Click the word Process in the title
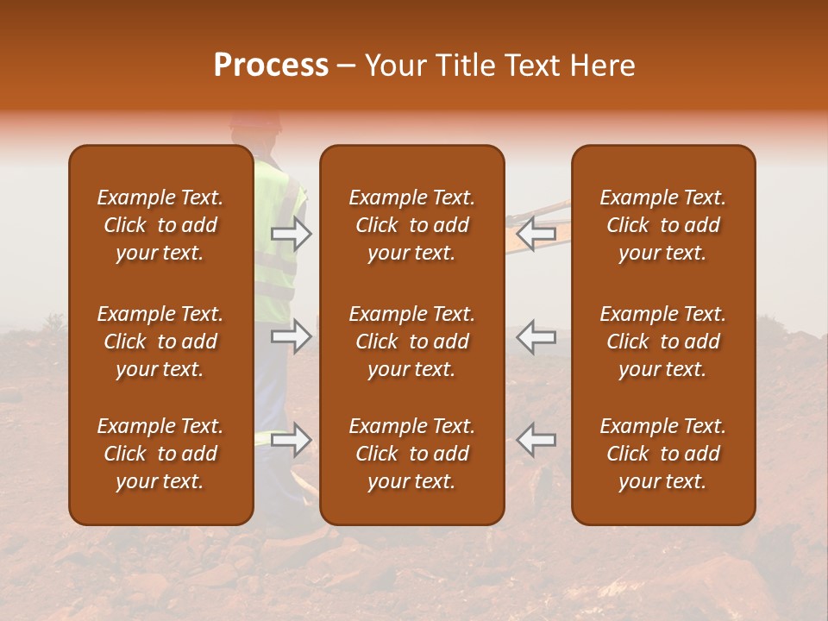pos(271,66)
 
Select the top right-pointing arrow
pos(291,233)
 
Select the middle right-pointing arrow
pos(291,336)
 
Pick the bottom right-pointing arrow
pos(291,439)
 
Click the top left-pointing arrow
pos(536,232)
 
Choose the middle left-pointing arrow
pos(536,336)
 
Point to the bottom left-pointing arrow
pos(536,439)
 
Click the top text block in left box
pos(160,225)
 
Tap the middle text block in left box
pos(160,342)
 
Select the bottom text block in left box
pos(160,454)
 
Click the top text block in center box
pos(411,225)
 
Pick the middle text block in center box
pos(411,342)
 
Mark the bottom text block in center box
pos(411,454)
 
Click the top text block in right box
pos(662,225)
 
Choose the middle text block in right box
pos(662,342)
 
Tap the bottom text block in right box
pos(662,454)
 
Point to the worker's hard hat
pos(256,122)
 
